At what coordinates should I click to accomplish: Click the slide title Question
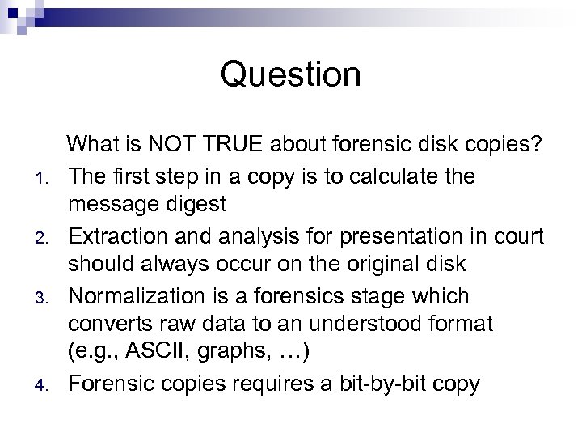[x=291, y=75]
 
